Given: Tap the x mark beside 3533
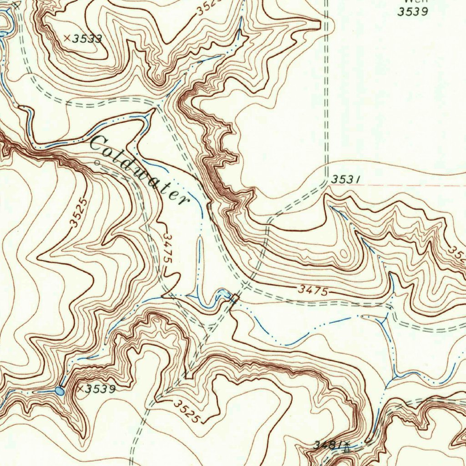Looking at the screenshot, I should (67, 38).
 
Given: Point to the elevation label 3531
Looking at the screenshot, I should (346, 180).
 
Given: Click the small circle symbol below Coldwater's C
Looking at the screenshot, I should (96, 162).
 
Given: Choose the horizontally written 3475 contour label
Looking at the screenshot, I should (314, 290).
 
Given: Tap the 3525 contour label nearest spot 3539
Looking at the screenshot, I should (187, 411).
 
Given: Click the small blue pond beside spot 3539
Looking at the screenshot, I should (60, 390).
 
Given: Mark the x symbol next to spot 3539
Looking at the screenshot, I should (80, 389).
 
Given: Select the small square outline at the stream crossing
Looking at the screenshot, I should (235, 299).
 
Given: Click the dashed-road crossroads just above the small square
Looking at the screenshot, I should (245, 285).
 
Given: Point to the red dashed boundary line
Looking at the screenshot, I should (410, 186).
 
